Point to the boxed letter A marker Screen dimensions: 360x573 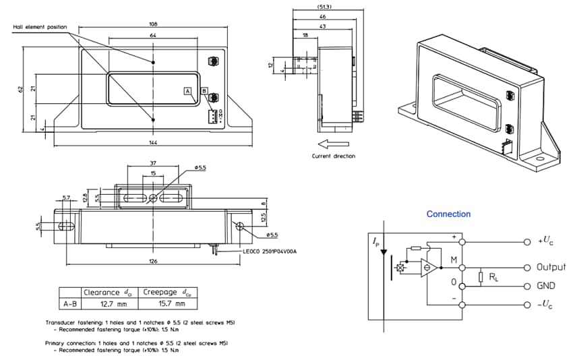point(187,90)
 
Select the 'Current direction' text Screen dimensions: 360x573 point(333,156)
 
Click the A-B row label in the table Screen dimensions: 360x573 point(69,303)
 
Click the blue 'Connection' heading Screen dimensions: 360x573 point(448,214)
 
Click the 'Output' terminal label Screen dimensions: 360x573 point(551,267)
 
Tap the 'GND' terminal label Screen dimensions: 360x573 point(546,286)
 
